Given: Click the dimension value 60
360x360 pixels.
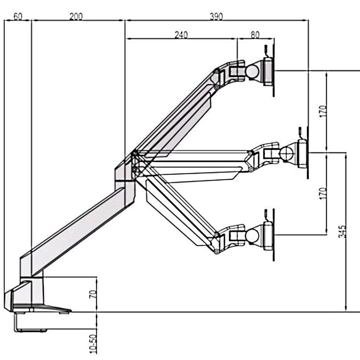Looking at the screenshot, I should click(x=18, y=17).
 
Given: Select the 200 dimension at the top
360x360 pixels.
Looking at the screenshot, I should click(x=76, y=17).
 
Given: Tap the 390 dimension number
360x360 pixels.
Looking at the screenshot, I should click(x=216, y=17).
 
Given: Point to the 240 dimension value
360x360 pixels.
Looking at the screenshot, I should click(x=181, y=35).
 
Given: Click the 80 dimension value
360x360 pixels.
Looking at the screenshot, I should click(x=255, y=35).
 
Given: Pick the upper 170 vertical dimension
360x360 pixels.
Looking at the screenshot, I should click(x=323, y=110).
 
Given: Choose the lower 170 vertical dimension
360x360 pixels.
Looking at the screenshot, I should click(x=323, y=193).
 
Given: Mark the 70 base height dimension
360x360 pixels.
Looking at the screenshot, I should click(x=93, y=293).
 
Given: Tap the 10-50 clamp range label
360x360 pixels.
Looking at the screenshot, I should click(x=93, y=344).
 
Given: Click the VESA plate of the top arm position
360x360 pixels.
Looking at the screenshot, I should click(x=268, y=72).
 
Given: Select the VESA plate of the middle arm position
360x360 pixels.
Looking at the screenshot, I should click(x=302, y=153).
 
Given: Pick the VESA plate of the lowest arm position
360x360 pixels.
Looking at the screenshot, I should click(x=268, y=236).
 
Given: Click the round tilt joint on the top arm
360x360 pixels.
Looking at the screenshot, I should click(x=254, y=72).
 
